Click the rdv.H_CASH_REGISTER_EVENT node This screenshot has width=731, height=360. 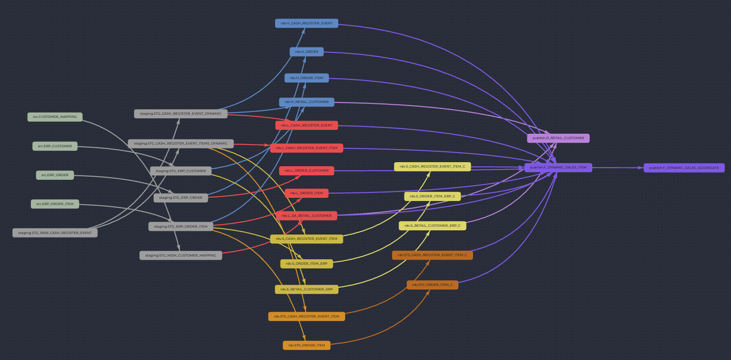(306, 23)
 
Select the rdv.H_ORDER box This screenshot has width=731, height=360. (306, 52)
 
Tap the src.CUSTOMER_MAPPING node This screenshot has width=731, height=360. (55, 117)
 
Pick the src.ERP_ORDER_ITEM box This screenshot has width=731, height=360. (55, 204)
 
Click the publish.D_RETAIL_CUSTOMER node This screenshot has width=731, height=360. (558, 138)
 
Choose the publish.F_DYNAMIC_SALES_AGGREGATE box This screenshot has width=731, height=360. (684, 168)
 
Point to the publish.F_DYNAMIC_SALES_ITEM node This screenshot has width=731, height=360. (558, 168)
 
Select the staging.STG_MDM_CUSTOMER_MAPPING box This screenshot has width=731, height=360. (180, 256)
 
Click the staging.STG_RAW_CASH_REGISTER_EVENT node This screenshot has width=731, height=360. (55, 233)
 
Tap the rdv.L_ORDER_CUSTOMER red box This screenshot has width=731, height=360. (306, 171)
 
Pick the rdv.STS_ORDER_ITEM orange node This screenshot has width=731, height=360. (306, 346)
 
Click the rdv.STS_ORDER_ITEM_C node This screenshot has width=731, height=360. (432, 285)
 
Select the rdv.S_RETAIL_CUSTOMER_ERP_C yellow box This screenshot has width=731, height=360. (432, 226)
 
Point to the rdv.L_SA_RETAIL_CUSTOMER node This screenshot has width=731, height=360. (306, 216)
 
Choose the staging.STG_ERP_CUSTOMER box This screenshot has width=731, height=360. (180, 171)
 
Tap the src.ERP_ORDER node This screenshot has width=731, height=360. (55, 175)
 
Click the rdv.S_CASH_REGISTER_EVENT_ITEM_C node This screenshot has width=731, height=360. (432, 167)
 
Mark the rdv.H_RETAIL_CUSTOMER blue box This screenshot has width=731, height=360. (306, 102)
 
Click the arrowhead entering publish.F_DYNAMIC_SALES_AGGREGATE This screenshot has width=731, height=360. (641, 168)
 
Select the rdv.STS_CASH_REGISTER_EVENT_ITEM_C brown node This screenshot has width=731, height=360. (432, 255)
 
